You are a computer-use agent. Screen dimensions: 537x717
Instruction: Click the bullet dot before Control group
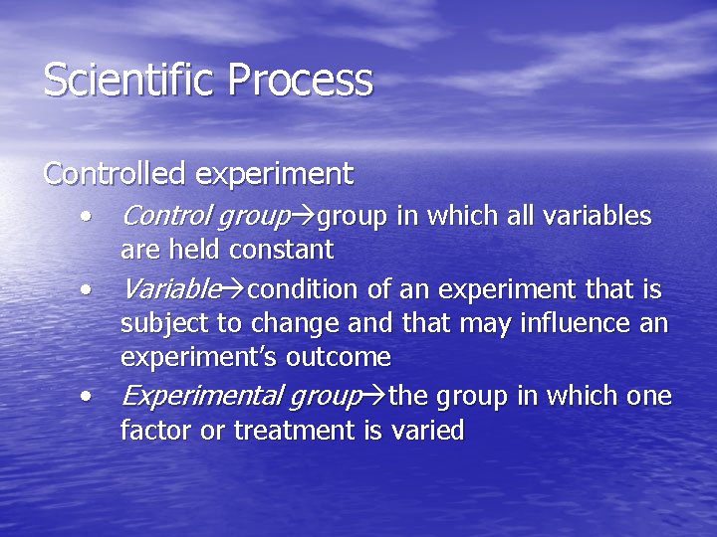[x=90, y=216]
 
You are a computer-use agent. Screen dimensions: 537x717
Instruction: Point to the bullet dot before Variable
[x=90, y=289]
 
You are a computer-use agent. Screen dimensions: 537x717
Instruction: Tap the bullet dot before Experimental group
[x=90, y=397]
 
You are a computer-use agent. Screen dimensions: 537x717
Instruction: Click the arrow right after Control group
[x=305, y=217]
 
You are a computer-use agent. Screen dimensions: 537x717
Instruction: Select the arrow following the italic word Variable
[x=234, y=290]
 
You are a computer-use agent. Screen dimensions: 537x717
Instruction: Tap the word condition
[x=303, y=289]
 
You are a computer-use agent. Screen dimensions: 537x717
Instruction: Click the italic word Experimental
[x=199, y=397]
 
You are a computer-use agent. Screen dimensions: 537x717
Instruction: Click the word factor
[x=150, y=431]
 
